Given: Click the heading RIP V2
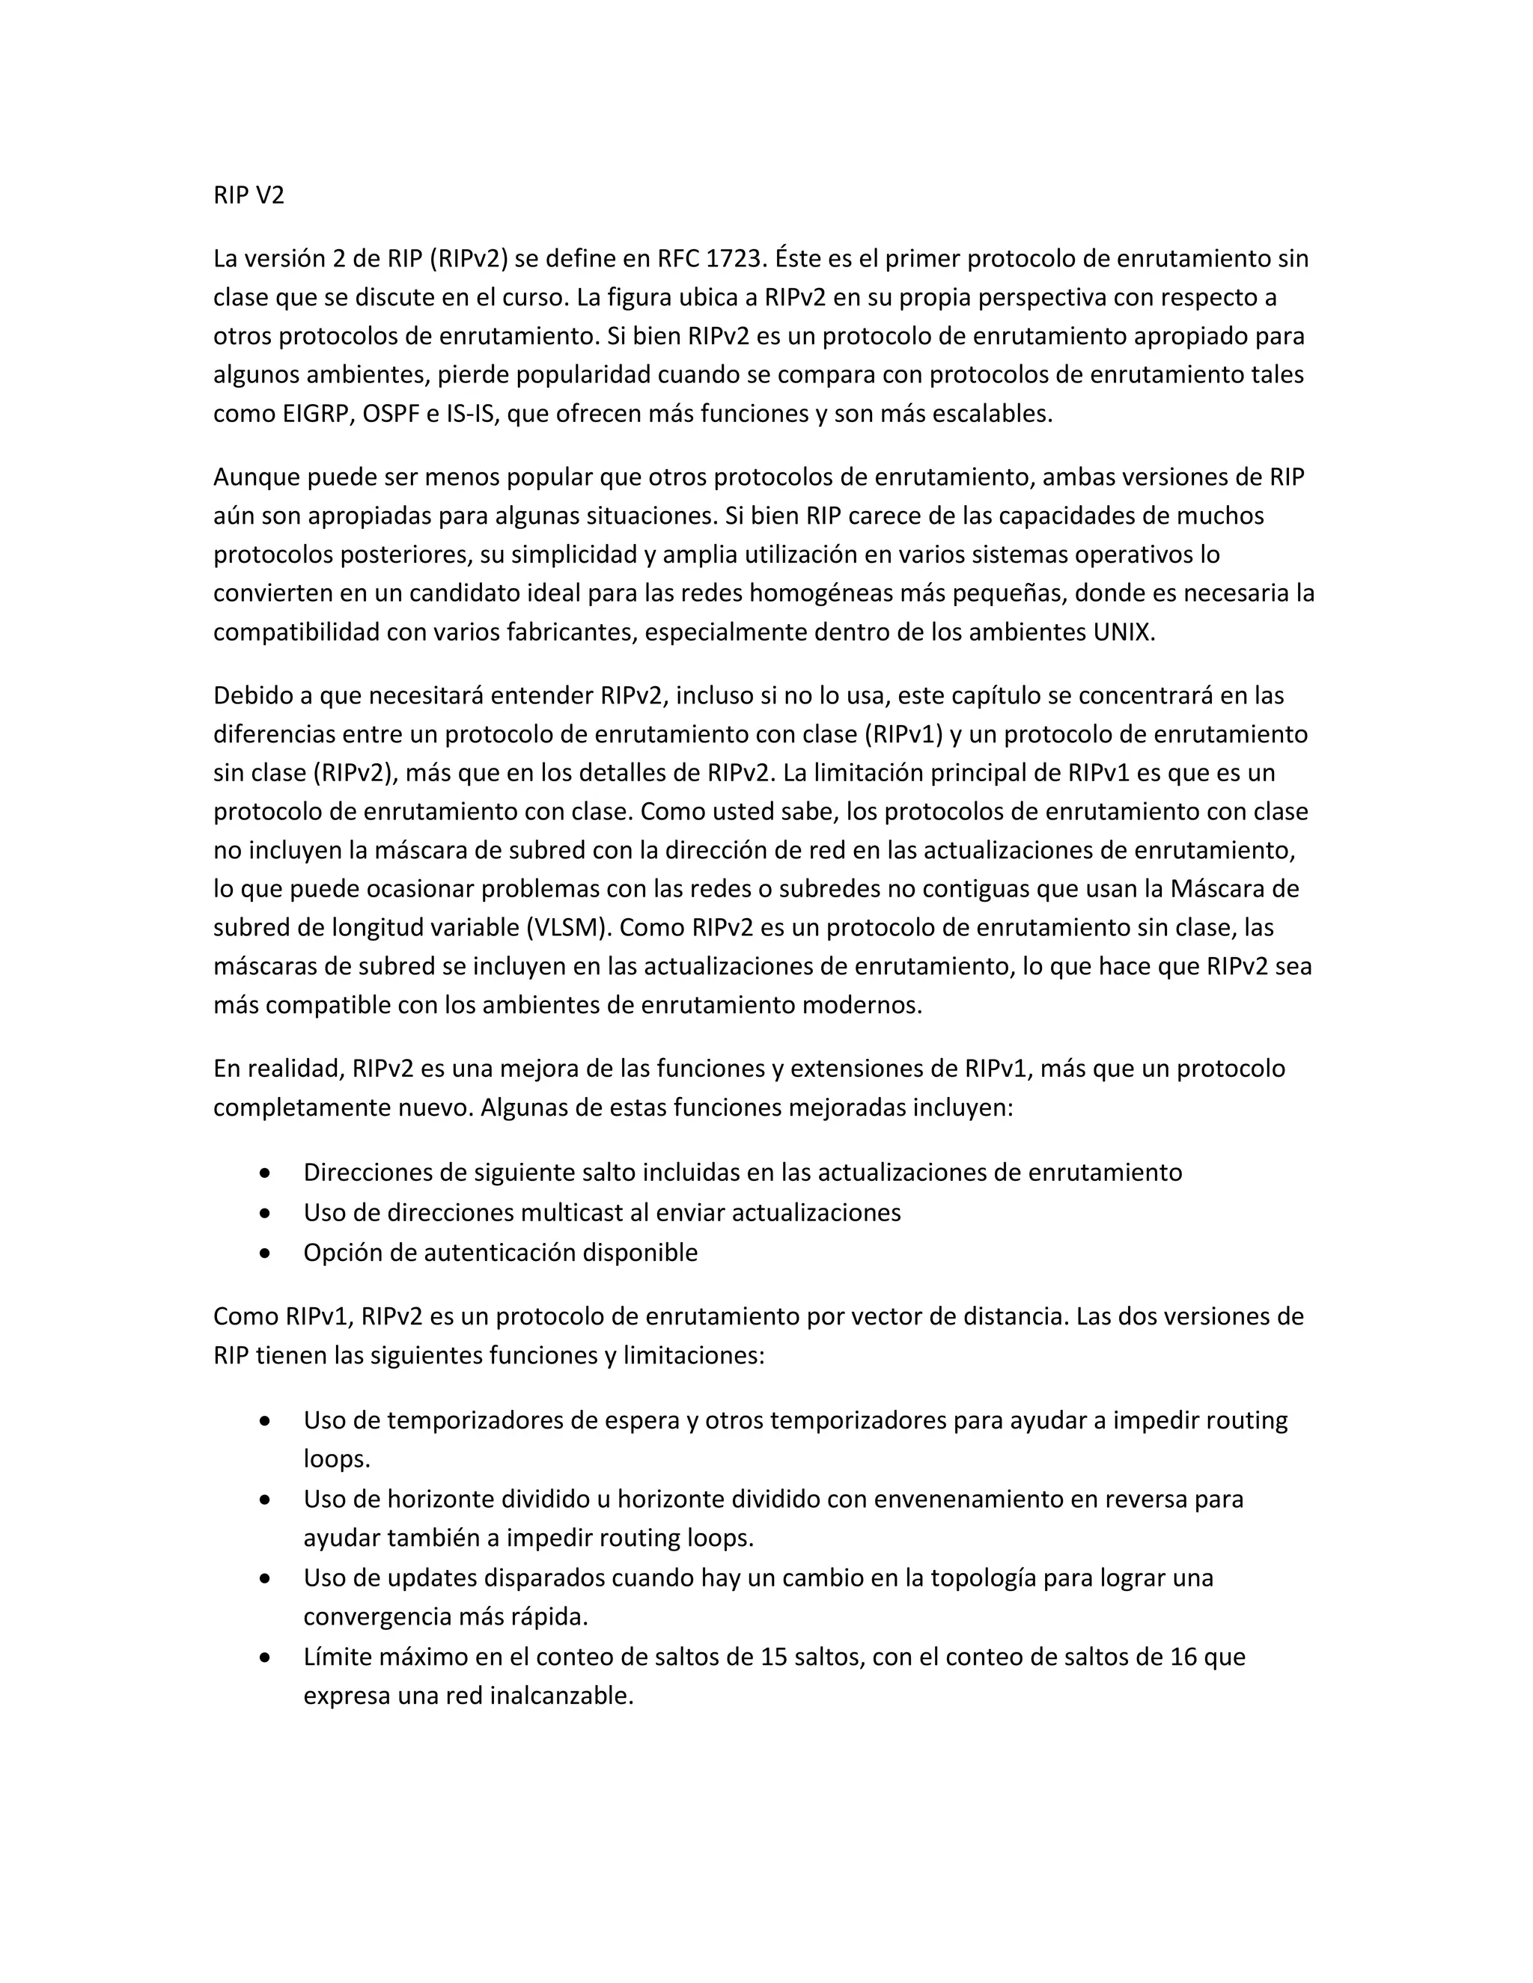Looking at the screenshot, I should (x=249, y=195).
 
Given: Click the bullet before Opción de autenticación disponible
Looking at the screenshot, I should (x=264, y=1253).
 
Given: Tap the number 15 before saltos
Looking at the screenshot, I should (x=774, y=1657).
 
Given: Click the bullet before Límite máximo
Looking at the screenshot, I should (x=264, y=1657).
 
